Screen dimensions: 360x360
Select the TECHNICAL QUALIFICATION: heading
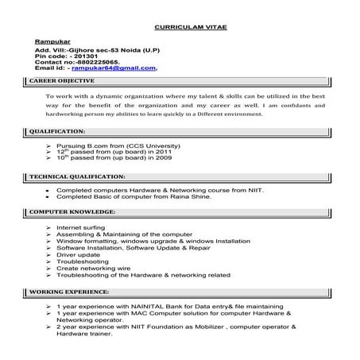coord(75,176)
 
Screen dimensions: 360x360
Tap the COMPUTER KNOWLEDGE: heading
coord(72,212)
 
